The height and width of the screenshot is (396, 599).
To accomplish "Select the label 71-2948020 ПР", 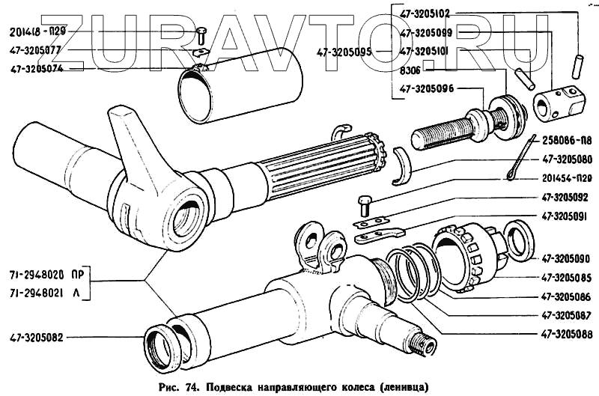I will coord(46,275).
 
